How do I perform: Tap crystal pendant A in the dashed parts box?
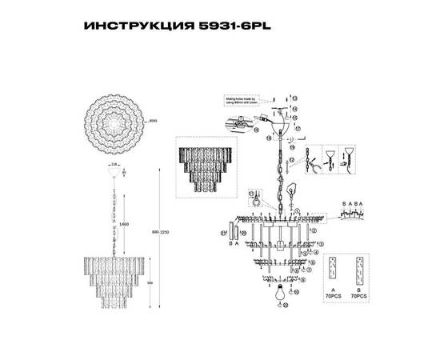[x=332, y=273]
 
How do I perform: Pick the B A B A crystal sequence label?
[x=354, y=204]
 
